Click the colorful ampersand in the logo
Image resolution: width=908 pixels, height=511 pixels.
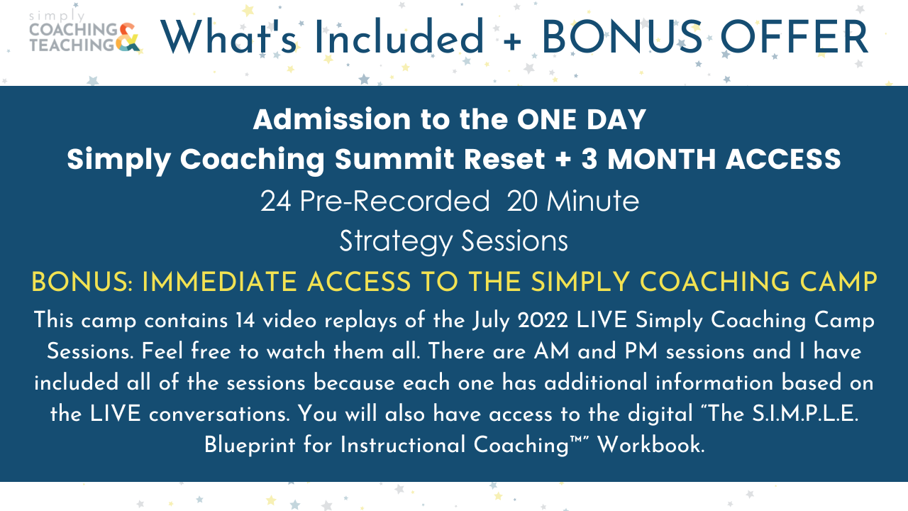click(128, 38)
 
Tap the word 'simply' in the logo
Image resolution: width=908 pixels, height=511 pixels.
click(57, 16)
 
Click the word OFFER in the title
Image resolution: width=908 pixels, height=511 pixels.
click(794, 37)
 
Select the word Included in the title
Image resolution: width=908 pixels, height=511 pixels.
click(399, 36)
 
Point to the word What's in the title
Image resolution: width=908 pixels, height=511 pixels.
click(229, 36)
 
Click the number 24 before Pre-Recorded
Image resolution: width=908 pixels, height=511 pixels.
click(276, 201)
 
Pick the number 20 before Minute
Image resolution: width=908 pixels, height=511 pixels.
click(522, 201)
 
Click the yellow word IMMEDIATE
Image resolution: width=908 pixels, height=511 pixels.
click(219, 282)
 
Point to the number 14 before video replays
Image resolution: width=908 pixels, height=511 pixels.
click(245, 320)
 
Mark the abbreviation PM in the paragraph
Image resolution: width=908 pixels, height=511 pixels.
click(641, 351)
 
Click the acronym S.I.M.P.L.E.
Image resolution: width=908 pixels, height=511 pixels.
click(805, 414)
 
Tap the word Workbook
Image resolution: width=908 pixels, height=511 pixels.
click(651, 445)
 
